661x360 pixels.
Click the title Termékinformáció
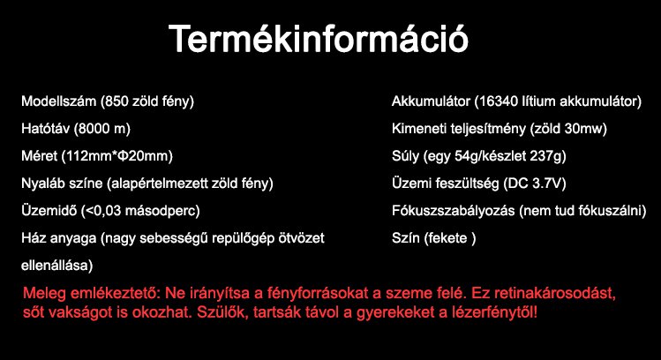click(x=319, y=40)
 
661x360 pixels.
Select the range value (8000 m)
click(x=102, y=129)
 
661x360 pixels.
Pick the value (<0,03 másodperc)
click(x=141, y=211)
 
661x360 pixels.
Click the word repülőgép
click(x=254, y=238)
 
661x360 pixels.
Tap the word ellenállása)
click(x=58, y=265)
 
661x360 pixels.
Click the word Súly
click(x=406, y=156)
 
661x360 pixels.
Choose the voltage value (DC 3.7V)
click(x=534, y=184)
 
